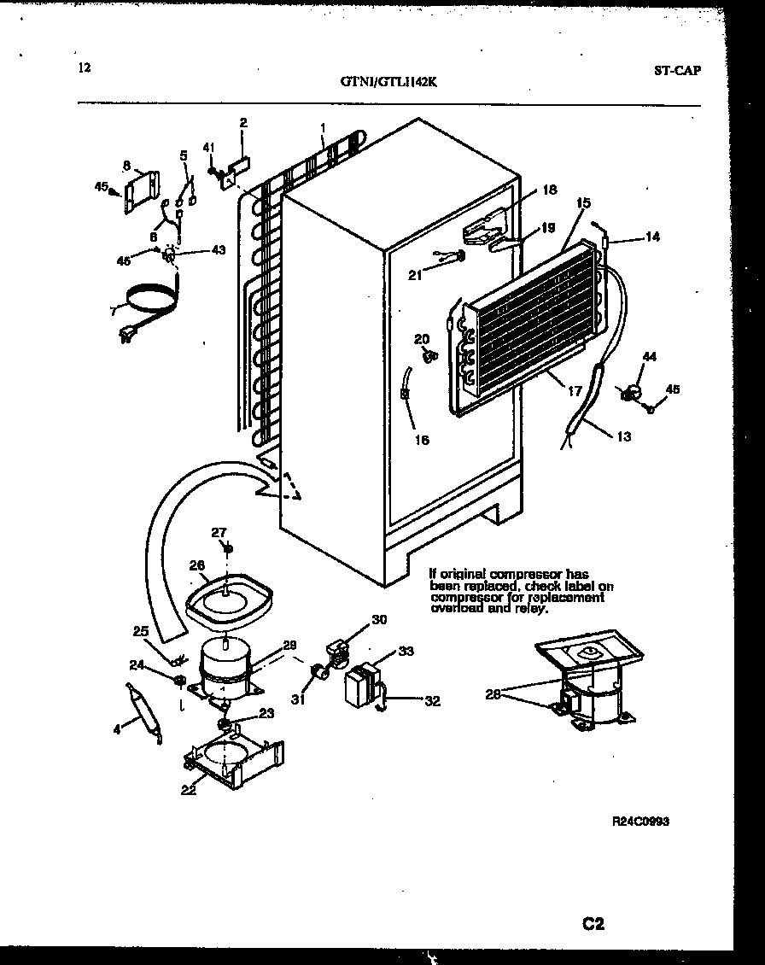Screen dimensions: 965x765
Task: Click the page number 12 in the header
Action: point(83,68)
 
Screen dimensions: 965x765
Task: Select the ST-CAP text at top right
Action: point(678,71)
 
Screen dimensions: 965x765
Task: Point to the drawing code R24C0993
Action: point(640,822)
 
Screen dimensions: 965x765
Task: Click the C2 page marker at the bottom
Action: point(593,924)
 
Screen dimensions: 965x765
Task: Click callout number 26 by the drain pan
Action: point(196,564)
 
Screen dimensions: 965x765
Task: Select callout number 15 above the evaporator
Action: point(583,203)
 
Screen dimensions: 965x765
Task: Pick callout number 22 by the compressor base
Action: point(189,790)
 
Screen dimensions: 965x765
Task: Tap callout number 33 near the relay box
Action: point(406,652)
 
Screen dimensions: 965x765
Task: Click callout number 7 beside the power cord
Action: point(112,312)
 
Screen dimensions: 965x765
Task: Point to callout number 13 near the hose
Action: point(623,437)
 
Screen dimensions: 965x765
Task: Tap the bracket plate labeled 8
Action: point(141,192)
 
